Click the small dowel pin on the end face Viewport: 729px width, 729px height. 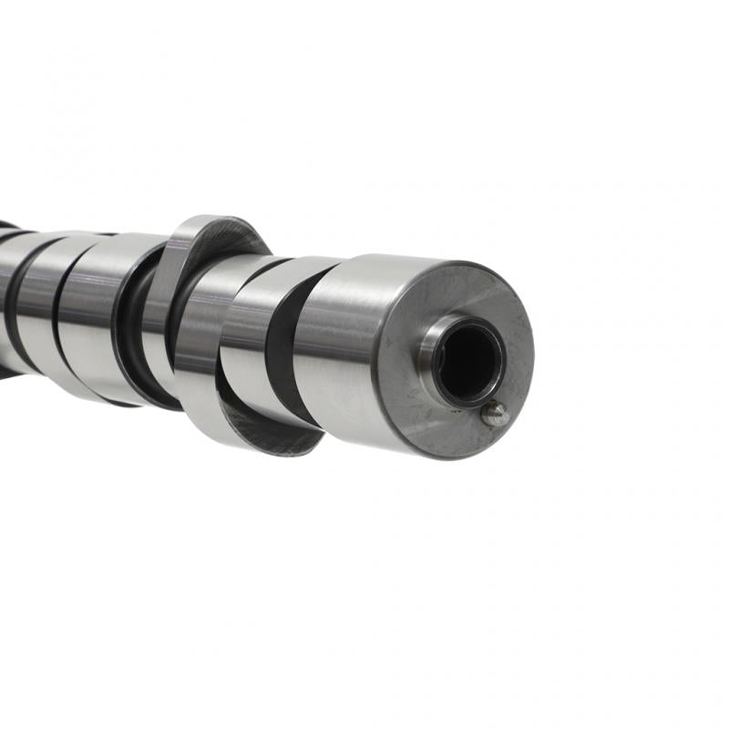point(494,414)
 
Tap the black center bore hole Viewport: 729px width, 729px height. point(469,363)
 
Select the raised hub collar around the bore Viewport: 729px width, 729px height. point(434,347)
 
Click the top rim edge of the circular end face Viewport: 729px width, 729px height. point(456,264)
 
